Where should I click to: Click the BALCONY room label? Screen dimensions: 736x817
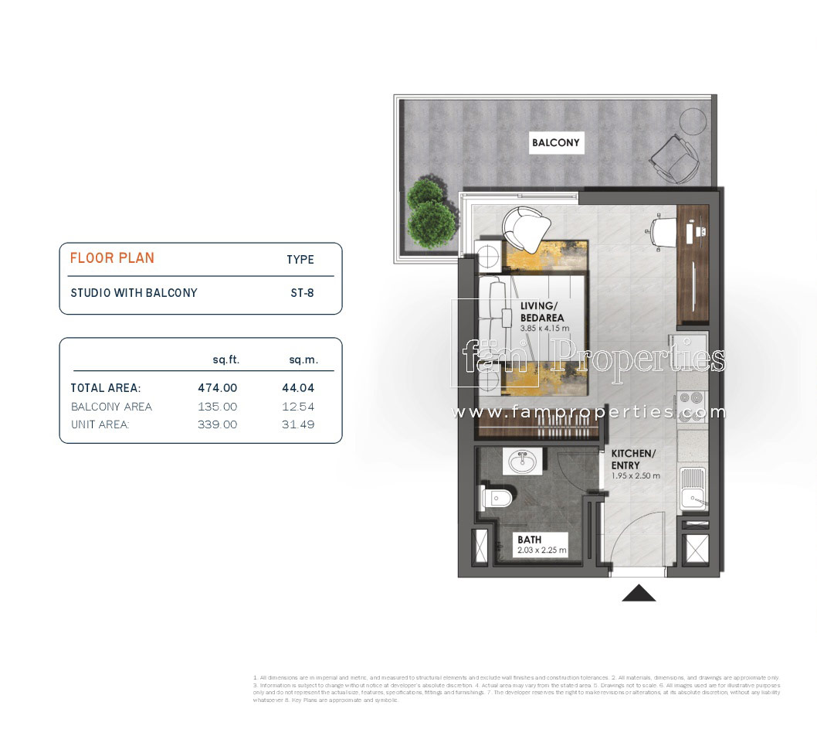pyautogui.click(x=555, y=143)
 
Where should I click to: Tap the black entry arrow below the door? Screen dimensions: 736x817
pyautogui.click(x=639, y=593)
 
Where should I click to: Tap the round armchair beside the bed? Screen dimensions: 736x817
pyautogui.click(x=525, y=228)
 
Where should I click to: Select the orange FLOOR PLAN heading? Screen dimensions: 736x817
pyautogui.click(x=112, y=258)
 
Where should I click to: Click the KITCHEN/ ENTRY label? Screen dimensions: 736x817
pyautogui.click(x=633, y=458)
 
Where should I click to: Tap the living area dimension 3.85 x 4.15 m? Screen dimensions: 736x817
pyautogui.click(x=544, y=329)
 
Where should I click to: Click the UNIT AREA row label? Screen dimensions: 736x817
pyautogui.click(x=100, y=424)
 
